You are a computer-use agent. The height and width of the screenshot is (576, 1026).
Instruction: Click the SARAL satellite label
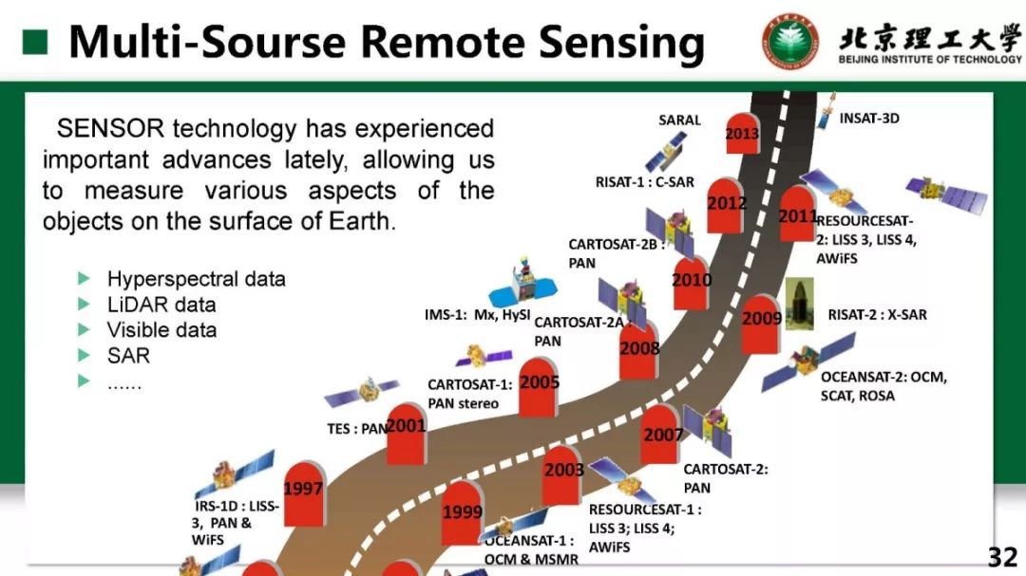679,120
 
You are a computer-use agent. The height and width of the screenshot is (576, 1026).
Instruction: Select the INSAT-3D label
869,119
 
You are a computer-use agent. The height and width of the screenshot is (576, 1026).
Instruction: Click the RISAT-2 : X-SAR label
877,314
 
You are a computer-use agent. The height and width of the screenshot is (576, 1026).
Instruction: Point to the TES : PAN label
357,429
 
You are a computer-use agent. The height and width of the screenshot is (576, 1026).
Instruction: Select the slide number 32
1001,557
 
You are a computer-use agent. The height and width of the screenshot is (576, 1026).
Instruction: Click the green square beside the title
35,42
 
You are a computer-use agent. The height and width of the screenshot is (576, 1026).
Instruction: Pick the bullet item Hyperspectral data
196,279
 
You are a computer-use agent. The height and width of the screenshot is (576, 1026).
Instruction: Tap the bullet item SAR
128,356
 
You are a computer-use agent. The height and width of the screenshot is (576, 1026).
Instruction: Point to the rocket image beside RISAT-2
800,305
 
